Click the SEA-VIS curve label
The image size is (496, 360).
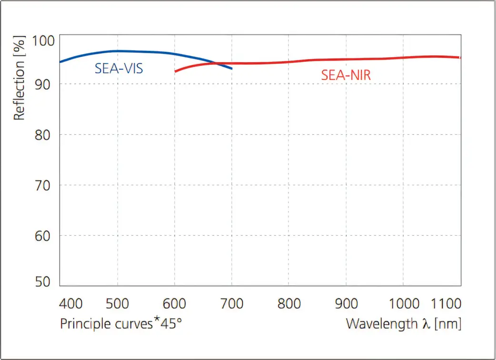click(119, 69)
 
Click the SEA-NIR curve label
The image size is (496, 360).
click(346, 75)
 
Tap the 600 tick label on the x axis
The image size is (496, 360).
click(175, 304)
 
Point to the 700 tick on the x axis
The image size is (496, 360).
click(232, 304)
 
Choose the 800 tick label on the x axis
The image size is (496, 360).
click(289, 304)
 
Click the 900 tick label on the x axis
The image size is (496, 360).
click(346, 304)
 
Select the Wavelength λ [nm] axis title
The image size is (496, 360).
click(403, 324)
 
